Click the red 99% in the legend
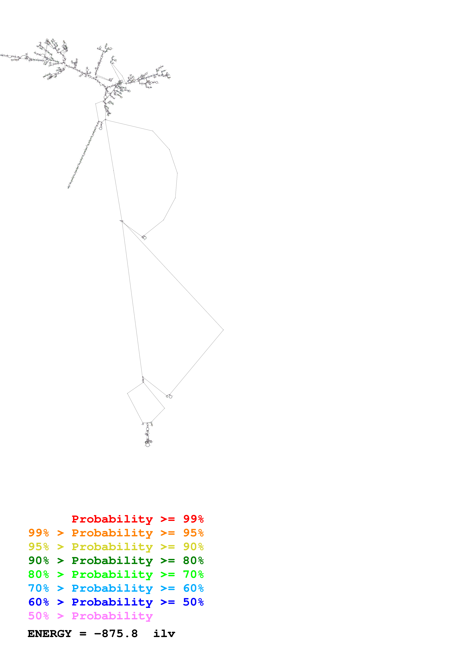[x=193, y=519]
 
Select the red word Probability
[x=112, y=519]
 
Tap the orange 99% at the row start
[x=39, y=533]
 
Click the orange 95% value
[x=193, y=533]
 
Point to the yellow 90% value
[x=193, y=547]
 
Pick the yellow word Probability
[x=112, y=547]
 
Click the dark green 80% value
[x=193, y=560]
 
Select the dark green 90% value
[x=39, y=560]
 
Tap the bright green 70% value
[x=193, y=574]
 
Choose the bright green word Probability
[x=112, y=574]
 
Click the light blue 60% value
[x=193, y=588]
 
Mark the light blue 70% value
[x=39, y=588]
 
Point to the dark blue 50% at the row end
[x=193, y=602]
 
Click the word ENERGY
[x=50, y=634]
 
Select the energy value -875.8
[x=116, y=634]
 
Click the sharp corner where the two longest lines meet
[x=223, y=330]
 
